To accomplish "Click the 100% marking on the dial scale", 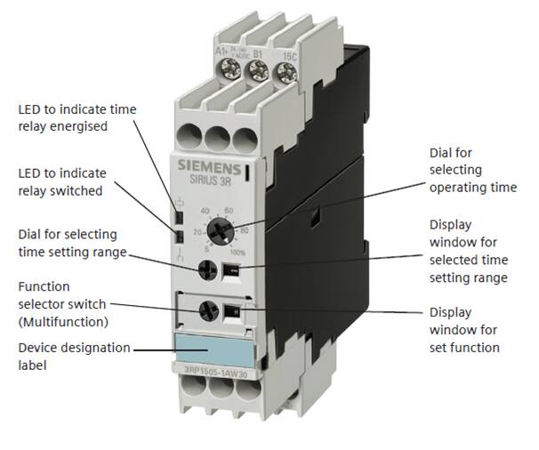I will pyautogui.click(x=237, y=253).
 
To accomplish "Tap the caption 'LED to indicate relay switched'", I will pyautogui.click(x=62, y=181).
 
